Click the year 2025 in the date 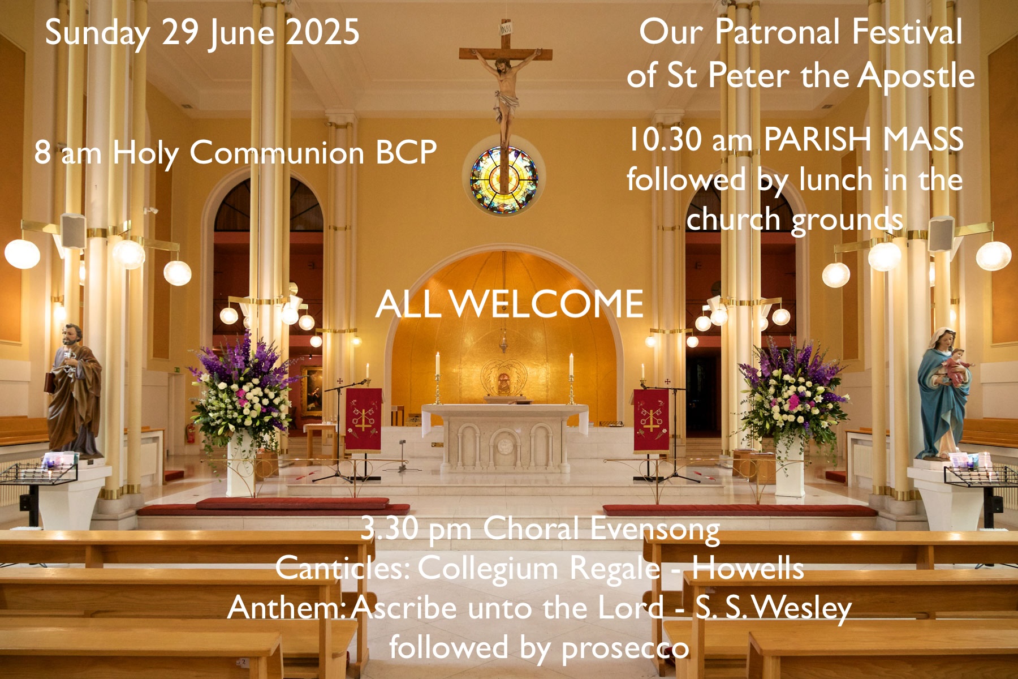pyautogui.click(x=322, y=32)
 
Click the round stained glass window pyautogui.click(x=503, y=179)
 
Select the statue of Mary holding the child pyautogui.click(x=943, y=393)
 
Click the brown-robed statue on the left pyautogui.click(x=74, y=390)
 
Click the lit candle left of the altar pyautogui.click(x=437, y=363)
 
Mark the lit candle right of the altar pyautogui.click(x=571, y=364)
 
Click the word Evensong pyautogui.click(x=655, y=531)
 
